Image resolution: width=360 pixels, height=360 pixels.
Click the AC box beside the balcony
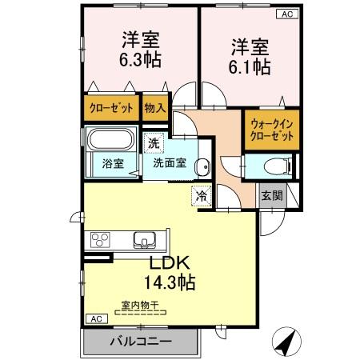[96, 319]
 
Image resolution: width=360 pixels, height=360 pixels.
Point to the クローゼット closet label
[110, 106]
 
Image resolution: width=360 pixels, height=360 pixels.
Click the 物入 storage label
[155, 106]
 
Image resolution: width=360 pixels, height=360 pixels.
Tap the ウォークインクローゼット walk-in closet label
[271, 130]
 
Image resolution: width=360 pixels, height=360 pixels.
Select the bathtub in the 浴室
[110, 142]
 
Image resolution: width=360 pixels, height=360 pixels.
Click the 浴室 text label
[113, 164]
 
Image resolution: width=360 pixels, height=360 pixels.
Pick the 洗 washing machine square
[153, 144]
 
